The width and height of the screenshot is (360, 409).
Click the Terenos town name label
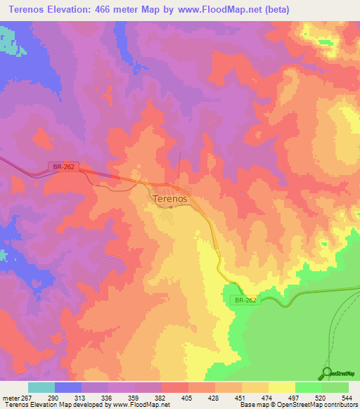[x=169, y=199]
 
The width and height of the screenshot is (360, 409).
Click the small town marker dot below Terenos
[x=170, y=207]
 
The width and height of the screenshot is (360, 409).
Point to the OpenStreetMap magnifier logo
[x=327, y=372]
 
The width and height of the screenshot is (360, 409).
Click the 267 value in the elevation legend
[x=27, y=398]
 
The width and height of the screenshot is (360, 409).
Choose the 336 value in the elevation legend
[x=108, y=398]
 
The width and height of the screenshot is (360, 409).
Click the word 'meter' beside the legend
[x=11, y=398]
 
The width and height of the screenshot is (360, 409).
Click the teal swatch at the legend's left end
[x=41, y=387]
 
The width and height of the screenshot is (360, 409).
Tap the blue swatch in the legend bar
[x=68, y=387]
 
